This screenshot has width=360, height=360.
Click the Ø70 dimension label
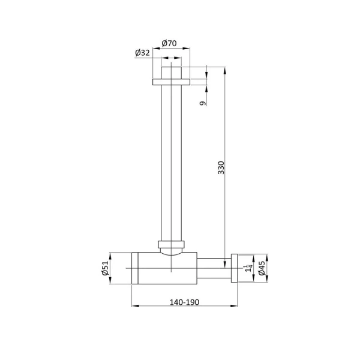point(169,43)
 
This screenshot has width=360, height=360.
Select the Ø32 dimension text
point(142,53)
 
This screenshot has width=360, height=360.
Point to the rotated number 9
point(203,103)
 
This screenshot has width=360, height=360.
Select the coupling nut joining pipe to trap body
point(171,245)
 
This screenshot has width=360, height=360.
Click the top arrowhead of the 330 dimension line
point(225,69)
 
